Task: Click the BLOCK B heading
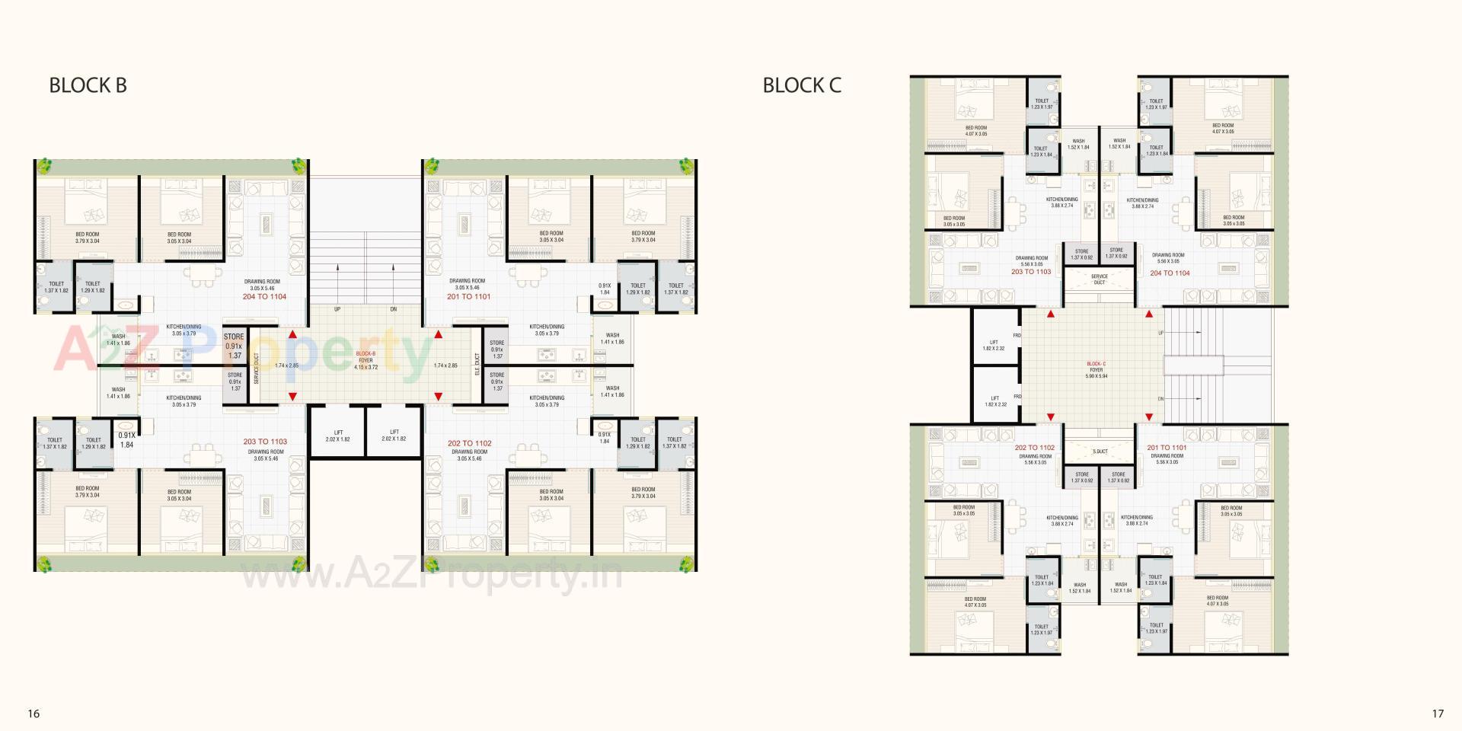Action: tap(88, 85)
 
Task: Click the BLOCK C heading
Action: tap(802, 85)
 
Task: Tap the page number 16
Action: tap(34, 713)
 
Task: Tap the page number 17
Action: tap(1438, 713)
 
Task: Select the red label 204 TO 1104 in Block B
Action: tap(264, 296)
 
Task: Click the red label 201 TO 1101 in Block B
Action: tap(468, 296)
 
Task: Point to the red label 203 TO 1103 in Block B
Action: tap(265, 442)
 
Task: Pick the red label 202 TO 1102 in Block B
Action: tap(469, 442)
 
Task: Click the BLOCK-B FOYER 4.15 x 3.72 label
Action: tap(365, 360)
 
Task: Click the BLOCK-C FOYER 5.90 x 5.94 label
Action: tap(1096, 370)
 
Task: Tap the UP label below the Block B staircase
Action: tap(337, 309)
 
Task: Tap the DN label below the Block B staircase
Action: tap(393, 309)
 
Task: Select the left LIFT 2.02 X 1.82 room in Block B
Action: tap(338, 436)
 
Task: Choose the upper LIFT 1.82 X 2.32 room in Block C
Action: tap(994, 345)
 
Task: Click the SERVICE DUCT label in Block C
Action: tap(1099, 279)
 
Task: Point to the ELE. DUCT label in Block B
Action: tap(477, 363)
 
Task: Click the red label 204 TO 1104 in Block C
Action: tap(1170, 273)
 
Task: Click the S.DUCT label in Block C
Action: tap(1100, 452)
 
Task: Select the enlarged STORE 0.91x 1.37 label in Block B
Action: tap(234, 346)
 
